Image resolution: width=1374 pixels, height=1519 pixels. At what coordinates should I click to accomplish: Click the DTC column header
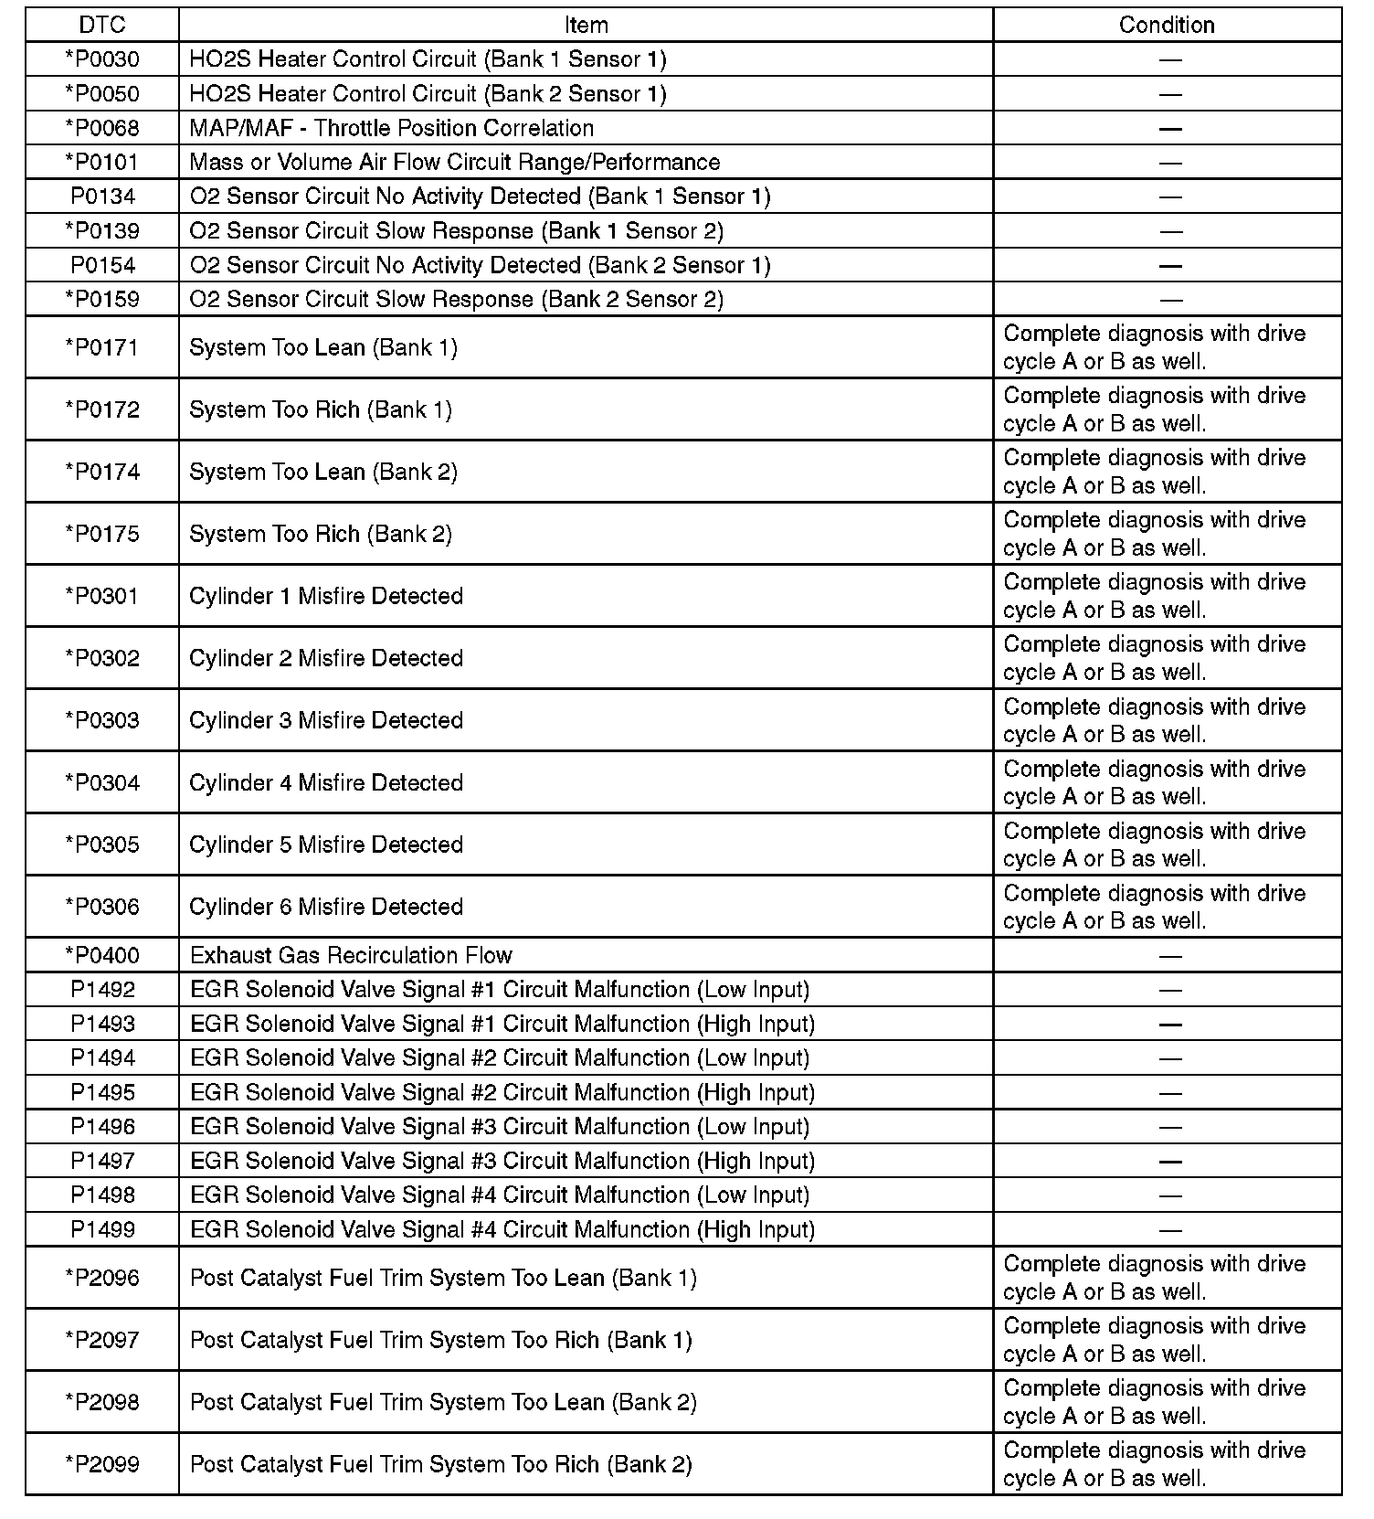click(x=102, y=25)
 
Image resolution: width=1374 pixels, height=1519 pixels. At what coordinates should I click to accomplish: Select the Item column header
click(x=586, y=25)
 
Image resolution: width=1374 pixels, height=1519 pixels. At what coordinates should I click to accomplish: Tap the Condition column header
click(x=1167, y=25)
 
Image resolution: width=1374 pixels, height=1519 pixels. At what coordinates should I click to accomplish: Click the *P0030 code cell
click(x=102, y=59)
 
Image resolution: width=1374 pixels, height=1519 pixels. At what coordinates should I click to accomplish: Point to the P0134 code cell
click(x=102, y=197)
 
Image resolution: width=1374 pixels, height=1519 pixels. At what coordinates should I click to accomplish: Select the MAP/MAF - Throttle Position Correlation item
click(x=391, y=128)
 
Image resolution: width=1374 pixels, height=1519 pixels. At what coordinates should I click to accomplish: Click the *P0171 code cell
click(x=102, y=347)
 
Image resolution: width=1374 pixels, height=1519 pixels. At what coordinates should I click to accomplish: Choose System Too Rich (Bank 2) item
click(x=321, y=534)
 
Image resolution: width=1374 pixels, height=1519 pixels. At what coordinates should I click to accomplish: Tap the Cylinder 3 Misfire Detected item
click(x=326, y=720)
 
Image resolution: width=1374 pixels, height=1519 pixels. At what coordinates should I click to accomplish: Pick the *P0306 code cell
click(x=102, y=907)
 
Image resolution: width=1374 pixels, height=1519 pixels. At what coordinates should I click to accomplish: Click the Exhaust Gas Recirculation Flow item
click(x=351, y=955)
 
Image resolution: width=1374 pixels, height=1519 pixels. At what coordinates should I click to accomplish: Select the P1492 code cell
click(x=102, y=990)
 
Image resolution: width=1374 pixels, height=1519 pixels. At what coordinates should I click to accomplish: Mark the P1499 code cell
click(x=102, y=1229)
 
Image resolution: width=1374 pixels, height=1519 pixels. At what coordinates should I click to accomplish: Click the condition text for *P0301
click(x=1155, y=596)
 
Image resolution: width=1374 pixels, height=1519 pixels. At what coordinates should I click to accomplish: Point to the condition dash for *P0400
click(x=1169, y=956)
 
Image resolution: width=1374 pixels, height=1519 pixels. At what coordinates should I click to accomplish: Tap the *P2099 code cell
click(x=102, y=1464)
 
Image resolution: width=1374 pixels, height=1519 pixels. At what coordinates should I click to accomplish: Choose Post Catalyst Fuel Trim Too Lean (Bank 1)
click(x=443, y=1278)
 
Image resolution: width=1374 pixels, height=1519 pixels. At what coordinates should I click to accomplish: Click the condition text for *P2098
click(x=1155, y=1402)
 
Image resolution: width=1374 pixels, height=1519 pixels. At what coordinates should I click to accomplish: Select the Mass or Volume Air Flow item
click(x=454, y=163)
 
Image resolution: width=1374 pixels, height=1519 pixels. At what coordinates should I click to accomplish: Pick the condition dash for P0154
click(x=1169, y=266)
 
